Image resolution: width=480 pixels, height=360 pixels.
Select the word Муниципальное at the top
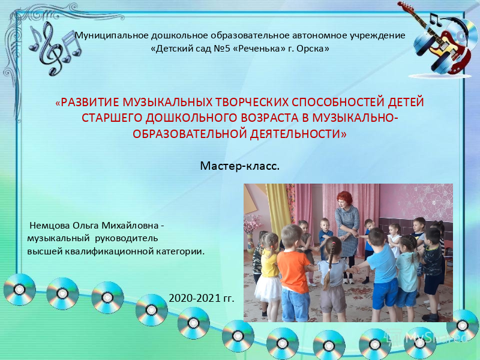click(x=112, y=35)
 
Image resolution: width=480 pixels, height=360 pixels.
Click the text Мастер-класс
click(x=239, y=166)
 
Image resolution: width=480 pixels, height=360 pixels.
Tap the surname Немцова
click(x=50, y=226)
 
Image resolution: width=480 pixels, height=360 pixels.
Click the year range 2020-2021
click(x=194, y=298)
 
